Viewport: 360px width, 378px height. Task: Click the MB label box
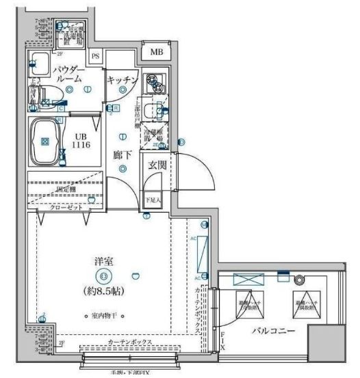157,51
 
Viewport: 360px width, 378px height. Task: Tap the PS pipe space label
96,56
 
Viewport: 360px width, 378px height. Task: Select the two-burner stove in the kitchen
155,83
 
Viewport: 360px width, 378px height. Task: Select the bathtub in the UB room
46,142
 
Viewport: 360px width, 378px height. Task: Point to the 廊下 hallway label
123,155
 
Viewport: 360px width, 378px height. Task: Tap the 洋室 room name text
103,261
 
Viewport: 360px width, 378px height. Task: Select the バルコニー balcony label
273,332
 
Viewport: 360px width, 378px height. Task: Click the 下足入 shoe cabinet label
153,200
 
